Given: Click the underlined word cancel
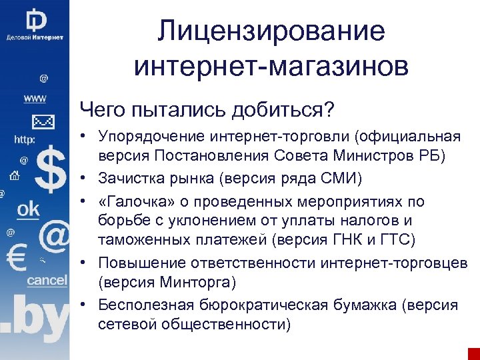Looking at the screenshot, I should [47, 281].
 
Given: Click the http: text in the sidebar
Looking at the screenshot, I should [25, 141].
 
